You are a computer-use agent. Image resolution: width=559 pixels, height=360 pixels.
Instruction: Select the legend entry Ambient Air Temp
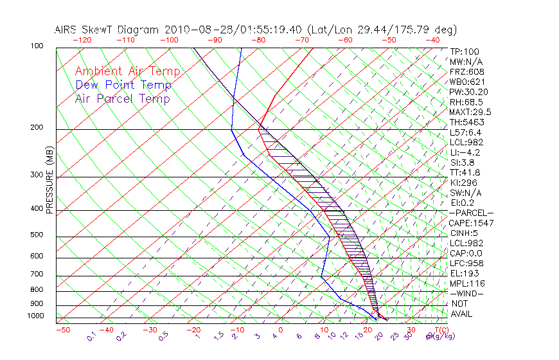coord(127,71)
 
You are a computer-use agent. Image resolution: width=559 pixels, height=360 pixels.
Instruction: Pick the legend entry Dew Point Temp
coord(123,85)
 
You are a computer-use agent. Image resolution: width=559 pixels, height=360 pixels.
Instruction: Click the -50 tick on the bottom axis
coord(62,330)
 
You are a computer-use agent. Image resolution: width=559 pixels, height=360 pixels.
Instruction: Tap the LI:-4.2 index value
coord(465,152)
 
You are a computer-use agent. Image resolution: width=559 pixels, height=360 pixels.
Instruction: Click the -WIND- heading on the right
coord(466,293)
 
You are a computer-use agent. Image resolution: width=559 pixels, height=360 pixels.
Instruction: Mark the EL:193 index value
coord(463,273)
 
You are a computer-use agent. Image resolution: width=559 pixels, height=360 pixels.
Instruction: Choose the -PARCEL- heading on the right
coord(471,213)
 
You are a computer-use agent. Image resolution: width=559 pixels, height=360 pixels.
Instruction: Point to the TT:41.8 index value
coord(465,172)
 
